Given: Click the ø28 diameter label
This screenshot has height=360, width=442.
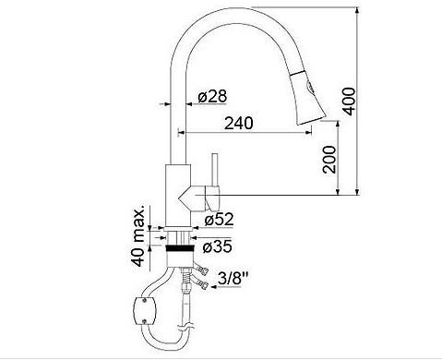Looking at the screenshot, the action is pos(212,96).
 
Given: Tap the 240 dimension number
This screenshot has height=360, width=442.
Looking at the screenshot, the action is pos(239,123).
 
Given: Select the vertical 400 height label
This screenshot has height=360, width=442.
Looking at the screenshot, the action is pos(349,102).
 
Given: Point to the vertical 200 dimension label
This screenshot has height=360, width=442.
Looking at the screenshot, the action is pos(329,160).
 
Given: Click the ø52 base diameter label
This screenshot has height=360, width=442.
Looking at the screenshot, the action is pos(219,219).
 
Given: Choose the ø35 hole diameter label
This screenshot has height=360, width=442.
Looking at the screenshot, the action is pos(218,246).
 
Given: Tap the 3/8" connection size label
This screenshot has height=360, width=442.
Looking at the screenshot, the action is pos(233,279).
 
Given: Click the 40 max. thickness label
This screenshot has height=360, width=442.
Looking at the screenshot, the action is pos(137,235).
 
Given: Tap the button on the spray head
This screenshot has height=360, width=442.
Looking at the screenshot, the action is pos(309,88).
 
